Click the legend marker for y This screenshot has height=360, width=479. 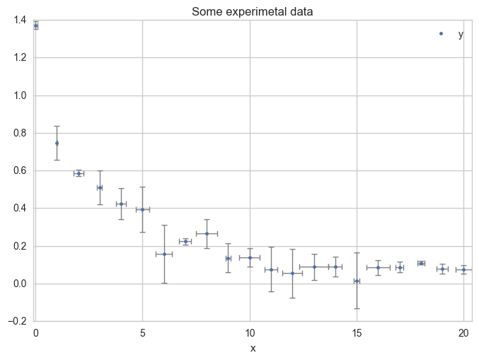pyautogui.click(x=441, y=33)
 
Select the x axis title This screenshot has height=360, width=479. pyautogui.click(x=253, y=348)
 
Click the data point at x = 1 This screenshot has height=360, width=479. pyautogui.click(x=57, y=143)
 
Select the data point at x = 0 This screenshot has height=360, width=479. pyautogui.click(x=35, y=25)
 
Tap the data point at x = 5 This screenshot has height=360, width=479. pyautogui.click(x=142, y=209)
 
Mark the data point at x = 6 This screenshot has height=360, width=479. pyautogui.click(x=164, y=254)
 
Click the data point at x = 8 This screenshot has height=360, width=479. pyautogui.click(x=207, y=233)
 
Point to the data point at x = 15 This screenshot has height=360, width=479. pyautogui.click(x=357, y=281)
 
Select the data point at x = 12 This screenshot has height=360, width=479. pyautogui.click(x=292, y=273)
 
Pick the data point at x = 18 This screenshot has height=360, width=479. pyautogui.click(x=421, y=263)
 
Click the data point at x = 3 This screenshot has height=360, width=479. pyautogui.click(x=100, y=187)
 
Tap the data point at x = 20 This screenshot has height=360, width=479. pyautogui.click(x=463, y=269)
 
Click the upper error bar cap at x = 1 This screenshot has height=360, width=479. pyautogui.click(x=57, y=126)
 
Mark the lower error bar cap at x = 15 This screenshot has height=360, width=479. pyautogui.click(x=357, y=308)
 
